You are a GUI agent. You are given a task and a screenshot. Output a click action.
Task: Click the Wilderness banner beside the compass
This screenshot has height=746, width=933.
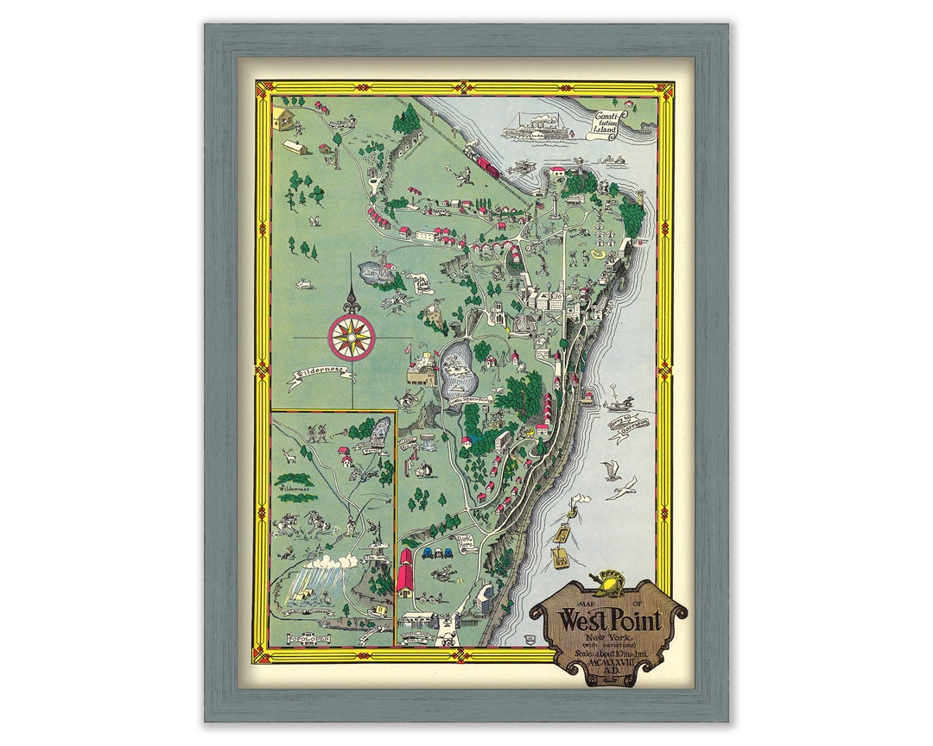pos(321,373)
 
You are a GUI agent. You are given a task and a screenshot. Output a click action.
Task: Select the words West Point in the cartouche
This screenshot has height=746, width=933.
pos(610,619)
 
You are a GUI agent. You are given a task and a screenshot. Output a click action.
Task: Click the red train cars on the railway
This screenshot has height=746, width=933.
pos(484,162)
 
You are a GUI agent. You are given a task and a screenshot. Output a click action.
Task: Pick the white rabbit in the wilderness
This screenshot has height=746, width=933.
pos(304,283)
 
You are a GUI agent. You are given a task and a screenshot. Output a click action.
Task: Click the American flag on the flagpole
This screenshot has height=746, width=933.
pos(409,351)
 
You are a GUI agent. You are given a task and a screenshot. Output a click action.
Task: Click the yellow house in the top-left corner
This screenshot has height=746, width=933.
pos(284,116)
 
